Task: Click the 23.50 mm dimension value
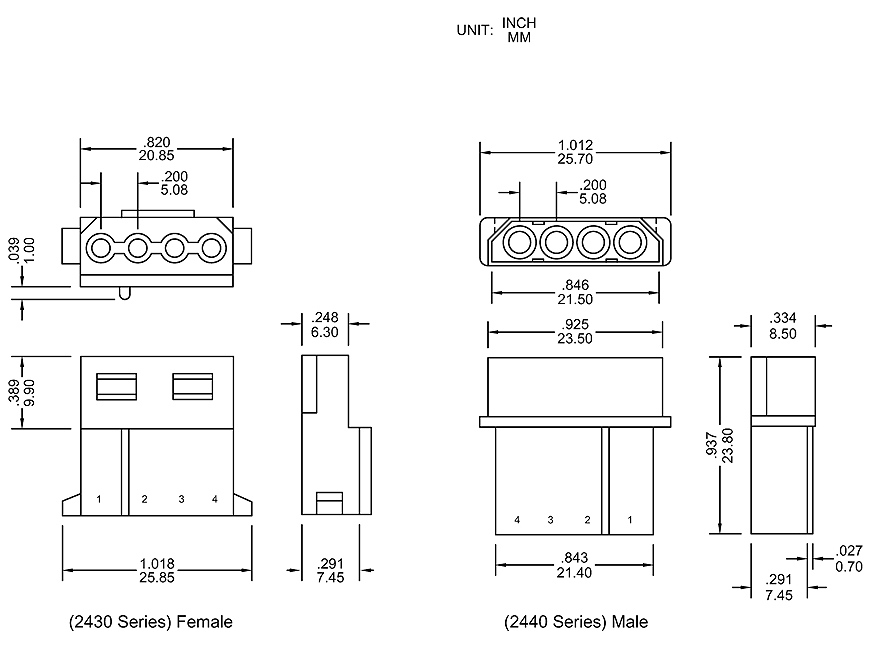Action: pyautogui.click(x=574, y=338)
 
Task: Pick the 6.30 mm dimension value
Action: pyautogui.click(x=325, y=331)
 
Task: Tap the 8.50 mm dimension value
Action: pyautogui.click(x=783, y=333)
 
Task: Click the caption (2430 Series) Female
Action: pyautogui.click(x=151, y=622)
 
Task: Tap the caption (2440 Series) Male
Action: pyautogui.click(x=576, y=622)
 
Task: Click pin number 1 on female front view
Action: pyautogui.click(x=99, y=498)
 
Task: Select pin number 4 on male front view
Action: pyautogui.click(x=517, y=520)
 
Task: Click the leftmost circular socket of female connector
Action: pyautogui.click(x=101, y=247)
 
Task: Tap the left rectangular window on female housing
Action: pyautogui.click(x=116, y=386)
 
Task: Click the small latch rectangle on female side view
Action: pyautogui.click(x=330, y=500)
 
